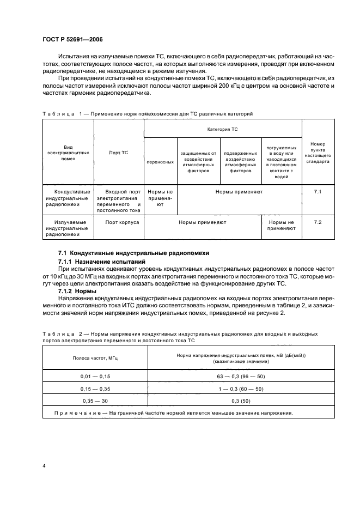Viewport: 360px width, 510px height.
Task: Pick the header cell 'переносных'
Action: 160,162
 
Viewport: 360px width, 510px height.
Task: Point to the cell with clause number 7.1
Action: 319,192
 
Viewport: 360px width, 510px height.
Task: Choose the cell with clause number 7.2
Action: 319,222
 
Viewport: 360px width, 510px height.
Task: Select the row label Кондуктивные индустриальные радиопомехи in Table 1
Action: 68,198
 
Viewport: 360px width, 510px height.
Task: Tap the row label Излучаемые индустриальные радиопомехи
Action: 68,228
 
